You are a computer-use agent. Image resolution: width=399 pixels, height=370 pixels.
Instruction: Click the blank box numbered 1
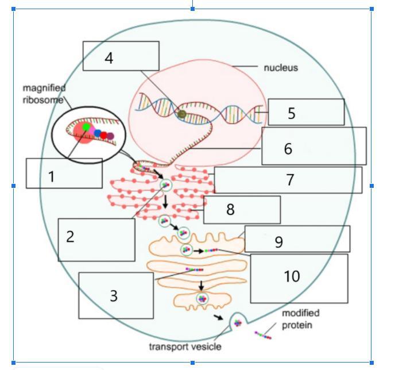click(x=64, y=174)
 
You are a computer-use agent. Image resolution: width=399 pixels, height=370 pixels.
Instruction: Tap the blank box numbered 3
click(x=116, y=295)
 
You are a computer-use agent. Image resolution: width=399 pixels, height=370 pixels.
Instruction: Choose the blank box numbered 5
click(x=306, y=112)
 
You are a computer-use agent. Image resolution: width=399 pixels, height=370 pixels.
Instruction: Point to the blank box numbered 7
click(x=288, y=180)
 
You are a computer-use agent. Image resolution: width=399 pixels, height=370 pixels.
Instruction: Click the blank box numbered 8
click(x=242, y=210)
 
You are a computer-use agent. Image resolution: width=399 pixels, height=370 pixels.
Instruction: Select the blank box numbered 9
click(x=297, y=239)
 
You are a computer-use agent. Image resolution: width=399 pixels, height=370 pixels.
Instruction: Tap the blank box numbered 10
click(x=299, y=278)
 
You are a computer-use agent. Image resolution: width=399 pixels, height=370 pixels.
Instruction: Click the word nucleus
click(x=281, y=68)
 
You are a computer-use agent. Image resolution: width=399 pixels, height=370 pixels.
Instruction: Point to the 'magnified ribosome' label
click(x=44, y=94)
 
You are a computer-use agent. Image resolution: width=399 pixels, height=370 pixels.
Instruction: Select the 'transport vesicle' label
click(x=185, y=346)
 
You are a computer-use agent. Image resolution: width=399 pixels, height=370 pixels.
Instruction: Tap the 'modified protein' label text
click(x=300, y=319)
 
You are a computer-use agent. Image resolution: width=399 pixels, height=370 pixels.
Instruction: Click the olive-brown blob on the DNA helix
click(x=182, y=114)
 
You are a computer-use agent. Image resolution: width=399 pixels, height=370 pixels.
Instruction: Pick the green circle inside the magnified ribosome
click(x=86, y=127)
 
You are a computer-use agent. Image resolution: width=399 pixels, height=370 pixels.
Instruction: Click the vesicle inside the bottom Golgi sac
click(x=202, y=298)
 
